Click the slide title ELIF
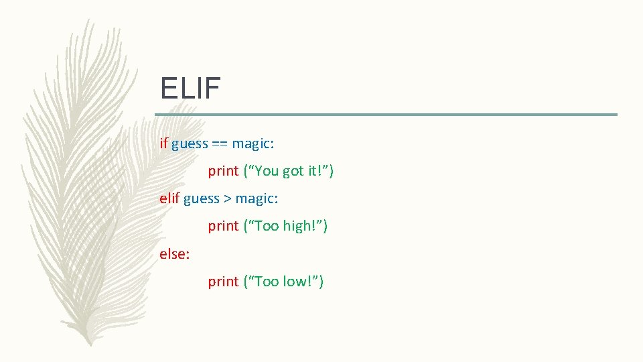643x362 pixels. [x=190, y=88]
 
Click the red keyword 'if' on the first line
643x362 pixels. [x=163, y=143]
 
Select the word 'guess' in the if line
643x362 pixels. [x=190, y=144]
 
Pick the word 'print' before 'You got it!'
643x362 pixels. [x=223, y=172]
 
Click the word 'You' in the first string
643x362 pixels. [x=266, y=171]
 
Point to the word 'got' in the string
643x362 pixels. [x=293, y=172]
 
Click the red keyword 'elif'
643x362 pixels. [x=169, y=198]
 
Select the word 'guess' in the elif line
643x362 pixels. [x=201, y=199]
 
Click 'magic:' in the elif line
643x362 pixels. [x=257, y=199]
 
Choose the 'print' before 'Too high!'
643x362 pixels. [x=223, y=227]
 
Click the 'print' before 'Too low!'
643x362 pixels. [x=223, y=282]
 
